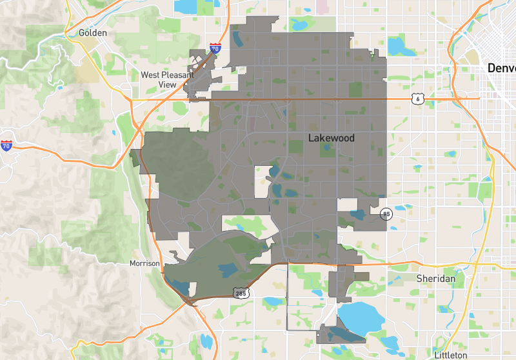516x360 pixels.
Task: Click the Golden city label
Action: pos(92,32)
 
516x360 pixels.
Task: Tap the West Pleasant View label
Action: pos(167,79)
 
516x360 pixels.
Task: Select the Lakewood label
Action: pos(331,138)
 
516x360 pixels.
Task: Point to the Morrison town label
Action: pos(144,263)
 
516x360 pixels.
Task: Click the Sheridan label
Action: pos(435,278)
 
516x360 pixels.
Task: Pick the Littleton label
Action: pos(450,355)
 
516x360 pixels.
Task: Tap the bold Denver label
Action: pos(502,68)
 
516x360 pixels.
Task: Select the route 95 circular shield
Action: pos(386,214)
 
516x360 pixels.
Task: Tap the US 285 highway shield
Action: pos(241,294)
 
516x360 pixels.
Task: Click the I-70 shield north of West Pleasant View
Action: pos(215,48)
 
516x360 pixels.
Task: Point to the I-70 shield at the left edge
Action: pos(6,146)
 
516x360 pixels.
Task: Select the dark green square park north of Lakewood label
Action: pos(355,89)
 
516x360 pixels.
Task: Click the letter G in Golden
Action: pos(82,32)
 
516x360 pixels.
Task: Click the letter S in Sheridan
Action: pos(419,278)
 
